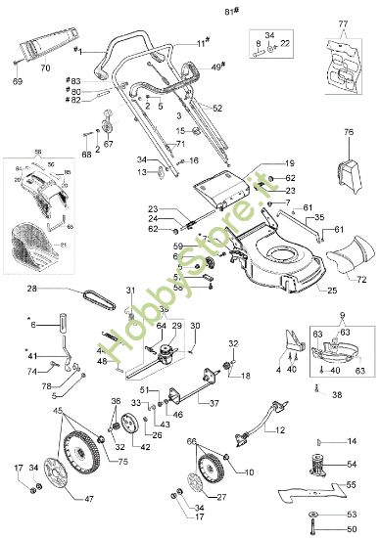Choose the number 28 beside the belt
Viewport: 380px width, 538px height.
[31, 289]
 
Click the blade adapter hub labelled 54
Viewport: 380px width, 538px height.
[322, 464]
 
